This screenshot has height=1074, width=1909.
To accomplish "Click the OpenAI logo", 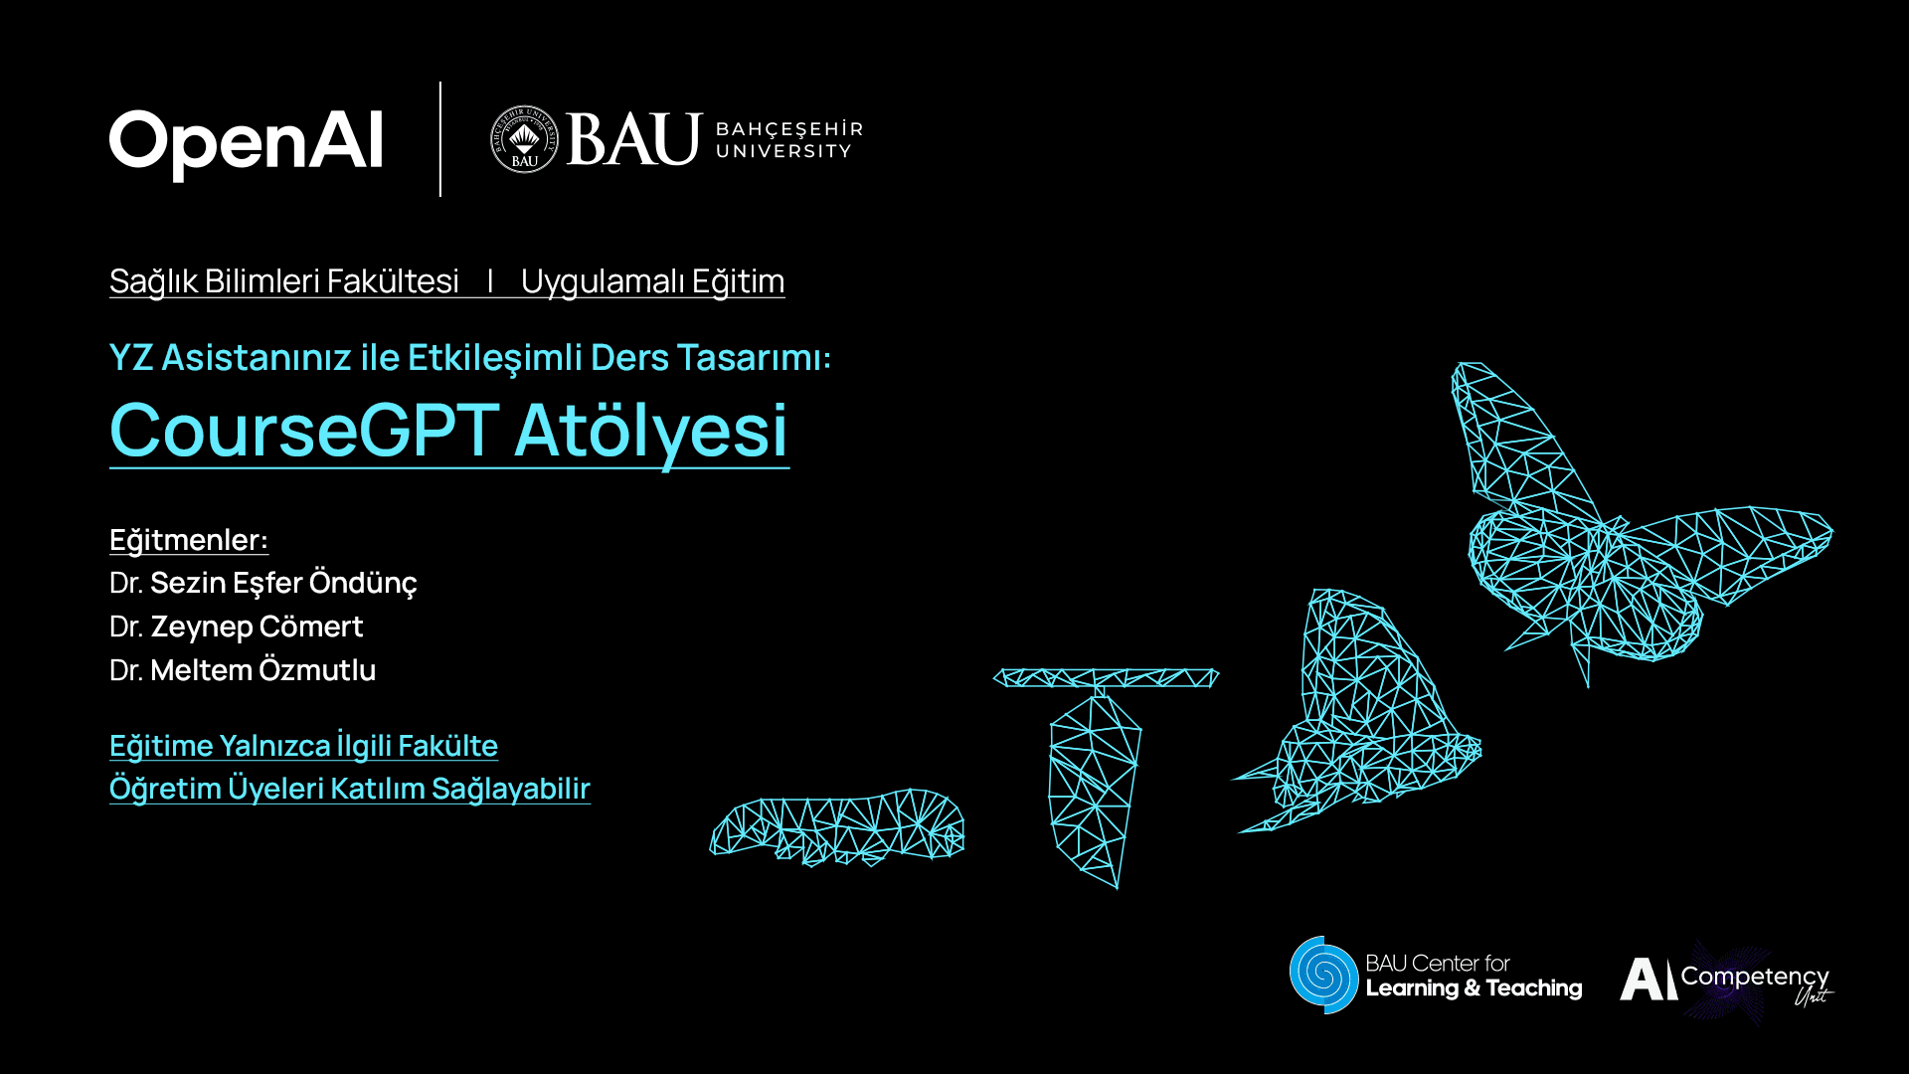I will (246, 142).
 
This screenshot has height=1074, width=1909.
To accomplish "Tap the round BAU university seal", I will (524, 139).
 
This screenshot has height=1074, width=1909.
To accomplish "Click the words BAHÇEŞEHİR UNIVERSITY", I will (788, 140).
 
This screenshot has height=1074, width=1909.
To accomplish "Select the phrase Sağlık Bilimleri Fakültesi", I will (284, 281).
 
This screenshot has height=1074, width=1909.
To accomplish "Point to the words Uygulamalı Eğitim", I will (652, 281).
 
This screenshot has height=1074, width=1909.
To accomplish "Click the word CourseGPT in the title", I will (304, 430).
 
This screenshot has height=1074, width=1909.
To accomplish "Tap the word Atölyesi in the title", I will (651, 430).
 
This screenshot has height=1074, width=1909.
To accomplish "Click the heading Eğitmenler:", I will (189, 540).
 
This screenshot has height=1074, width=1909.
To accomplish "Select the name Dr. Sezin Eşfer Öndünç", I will (263, 583).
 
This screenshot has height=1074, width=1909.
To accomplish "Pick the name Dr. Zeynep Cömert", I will (237, 626).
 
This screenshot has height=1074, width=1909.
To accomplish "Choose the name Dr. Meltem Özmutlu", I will (243, 670).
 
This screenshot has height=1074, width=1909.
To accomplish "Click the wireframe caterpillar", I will (837, 827).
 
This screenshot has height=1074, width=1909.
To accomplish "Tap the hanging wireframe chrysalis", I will (1094, 786).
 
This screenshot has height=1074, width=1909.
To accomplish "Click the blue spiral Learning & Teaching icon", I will (1323, 975).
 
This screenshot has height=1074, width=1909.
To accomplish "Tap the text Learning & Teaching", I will (1474, 988).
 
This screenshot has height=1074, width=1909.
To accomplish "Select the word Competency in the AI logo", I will (1754, 977).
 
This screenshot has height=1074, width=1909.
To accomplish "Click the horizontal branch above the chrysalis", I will (1106, 678).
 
